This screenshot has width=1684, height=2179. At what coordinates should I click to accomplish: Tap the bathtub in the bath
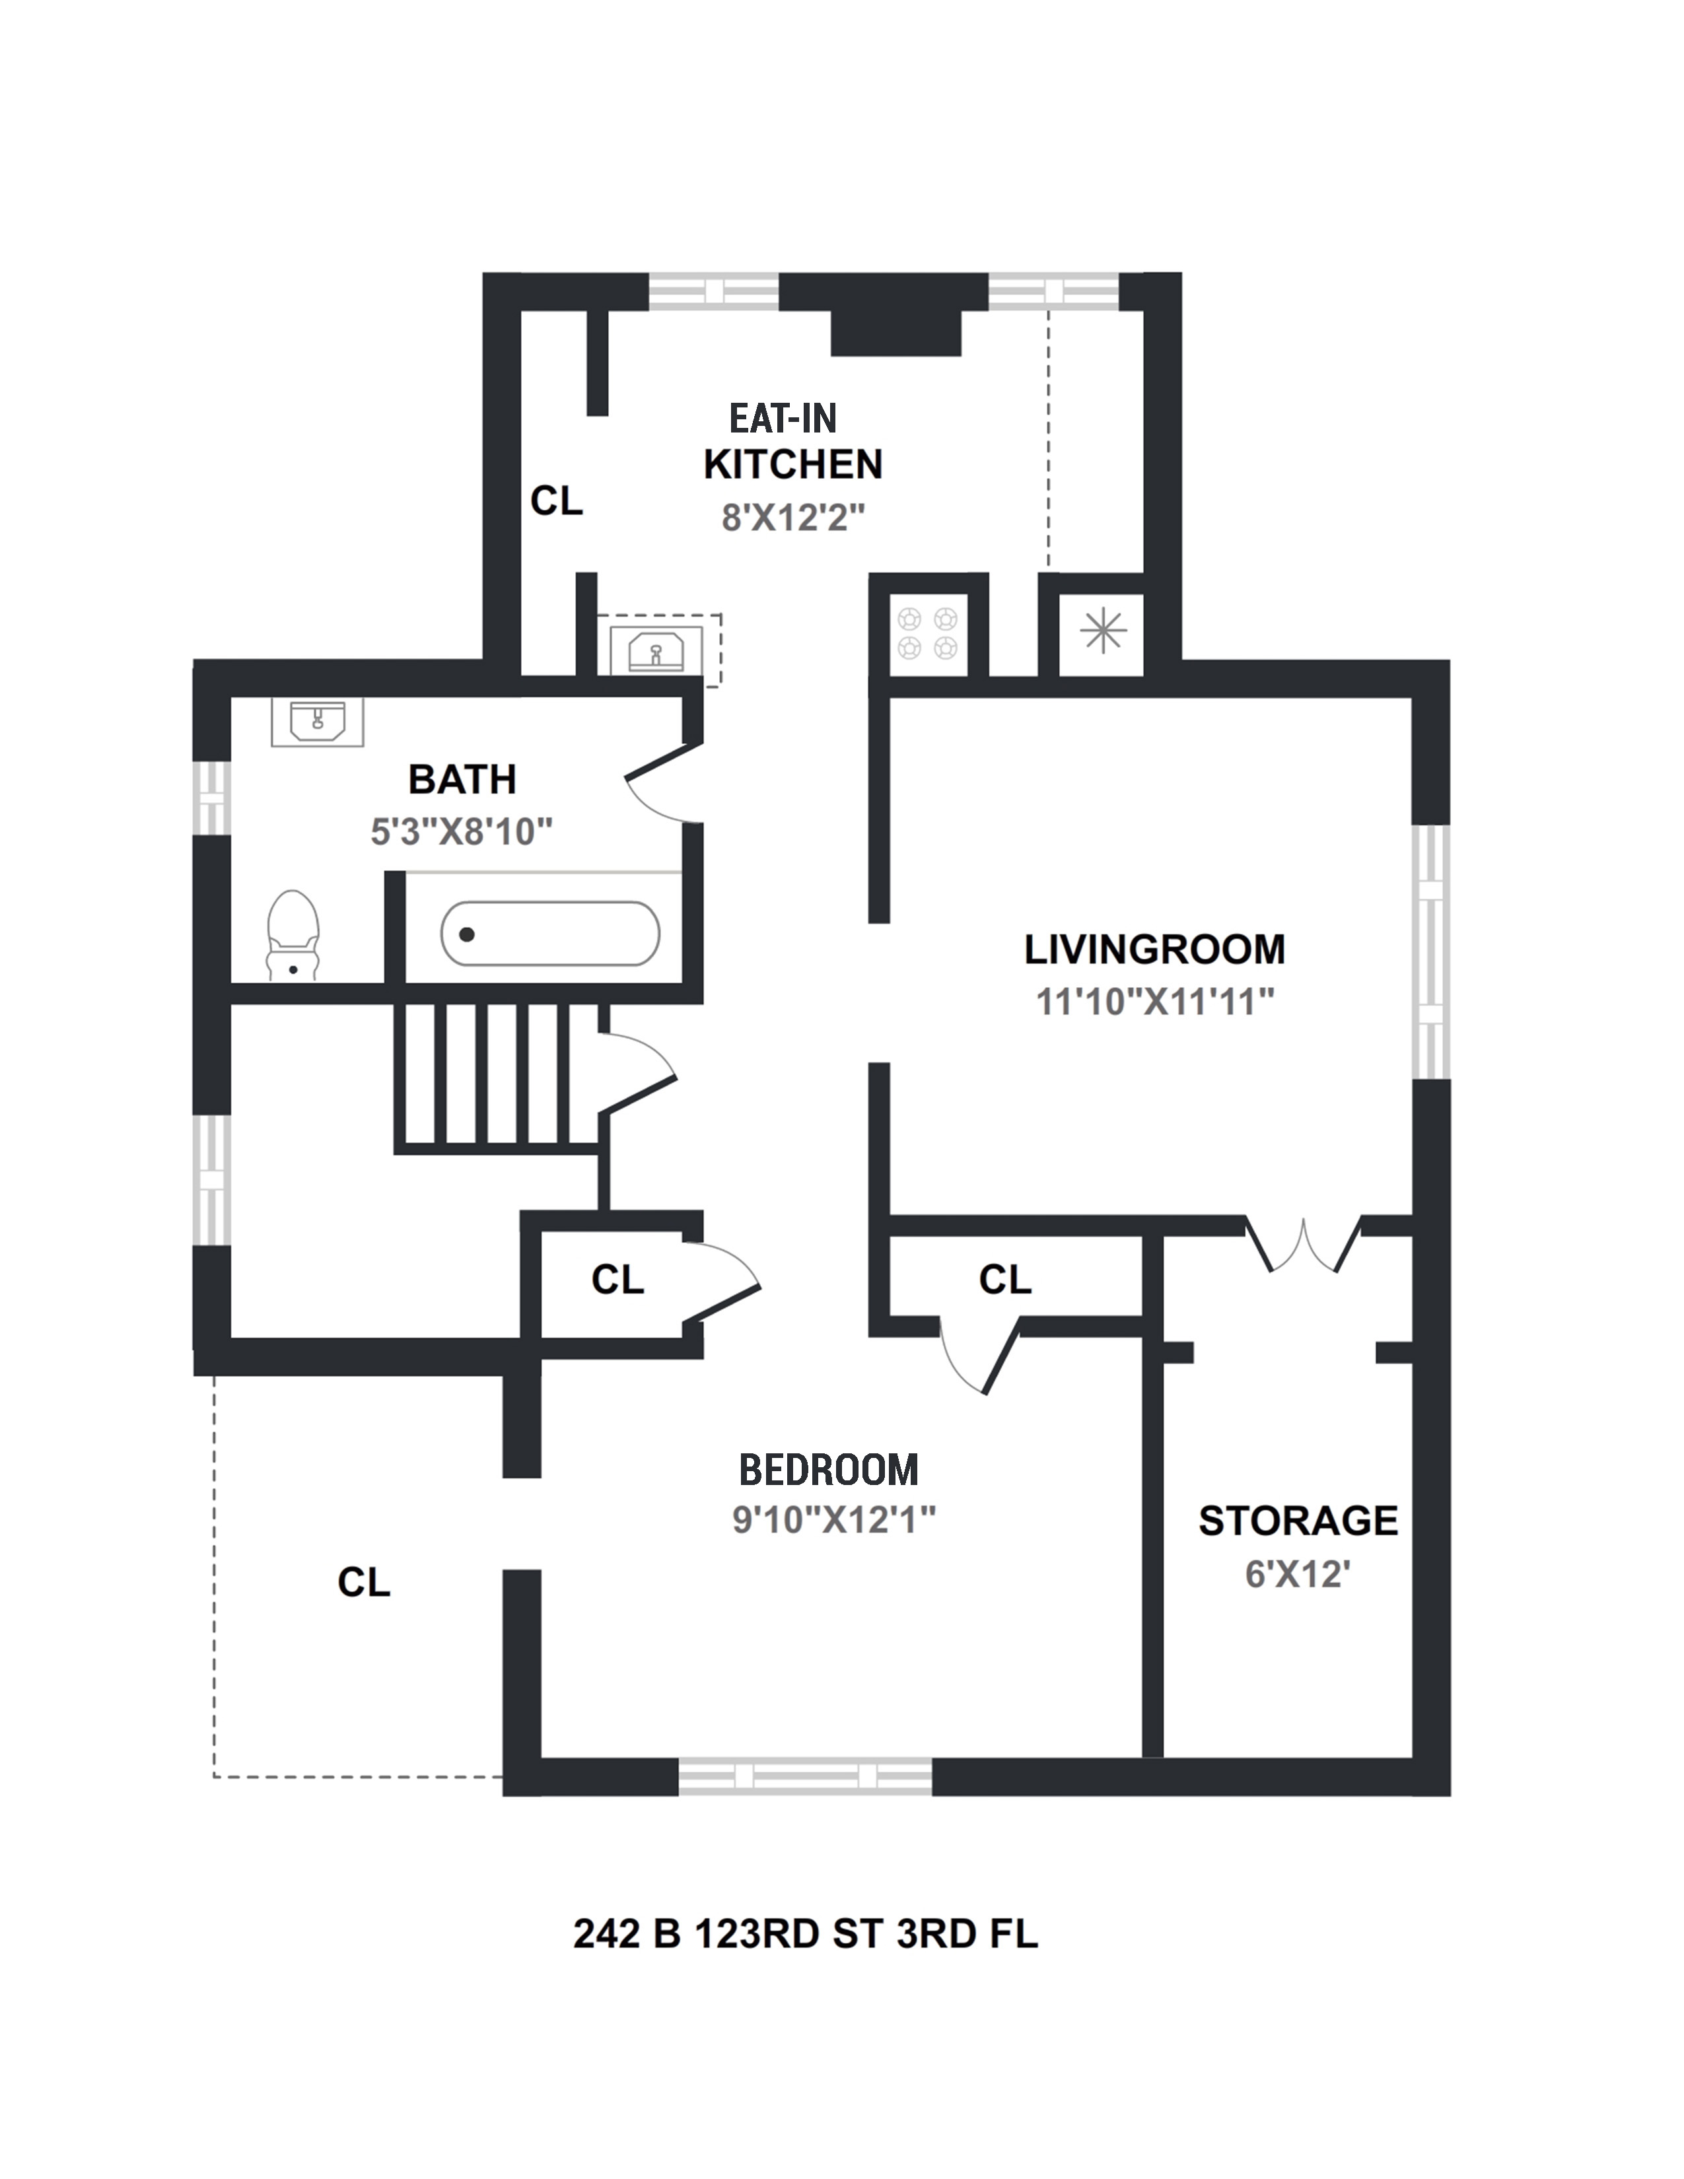tap(549, 934)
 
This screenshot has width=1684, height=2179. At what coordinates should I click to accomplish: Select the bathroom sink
tap(317, 720)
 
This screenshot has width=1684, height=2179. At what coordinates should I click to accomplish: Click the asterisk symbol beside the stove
tap(1102, 631)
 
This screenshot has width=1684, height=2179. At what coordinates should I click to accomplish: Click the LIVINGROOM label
tap(1154, 949)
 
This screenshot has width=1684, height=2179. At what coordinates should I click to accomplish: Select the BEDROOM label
tap(828, 1470)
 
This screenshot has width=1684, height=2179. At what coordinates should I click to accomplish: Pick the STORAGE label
tap(1297, 1521)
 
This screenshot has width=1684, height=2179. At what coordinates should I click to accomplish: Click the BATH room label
tap(462, 779)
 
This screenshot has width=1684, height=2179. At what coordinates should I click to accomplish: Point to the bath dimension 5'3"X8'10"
tap(461, 831)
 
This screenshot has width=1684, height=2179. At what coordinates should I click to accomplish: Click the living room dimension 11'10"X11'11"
tap(1154, 1001)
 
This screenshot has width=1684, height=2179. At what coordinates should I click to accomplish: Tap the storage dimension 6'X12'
tap(1297, 1574)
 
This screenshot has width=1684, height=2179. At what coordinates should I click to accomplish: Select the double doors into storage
tap(1304, 1245)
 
